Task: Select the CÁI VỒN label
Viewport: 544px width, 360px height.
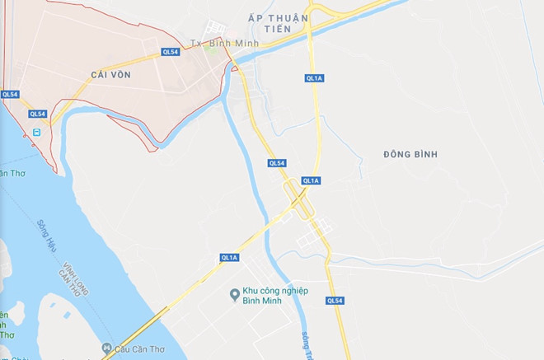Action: pos(112,74)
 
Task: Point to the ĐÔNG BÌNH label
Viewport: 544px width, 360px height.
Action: pos(410,154)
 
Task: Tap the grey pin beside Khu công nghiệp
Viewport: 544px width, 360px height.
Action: pos(234,292)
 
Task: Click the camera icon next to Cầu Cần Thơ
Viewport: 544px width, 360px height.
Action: pos(106,346)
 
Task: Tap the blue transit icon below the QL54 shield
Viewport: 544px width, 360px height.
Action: pos(36,132)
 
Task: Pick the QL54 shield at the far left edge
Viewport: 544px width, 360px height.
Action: pos(10,94)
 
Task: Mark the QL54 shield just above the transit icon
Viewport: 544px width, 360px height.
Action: pos(37,115)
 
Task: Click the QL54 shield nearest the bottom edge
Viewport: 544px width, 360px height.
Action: pos(334,301)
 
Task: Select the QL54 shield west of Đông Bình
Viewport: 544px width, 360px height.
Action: pos(277,163)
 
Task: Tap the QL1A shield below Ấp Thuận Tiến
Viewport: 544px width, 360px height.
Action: pos(313,78)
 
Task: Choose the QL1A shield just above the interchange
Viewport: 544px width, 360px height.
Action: pos(311,180)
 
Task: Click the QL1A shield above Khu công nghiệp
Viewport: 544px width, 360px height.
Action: pos(229,258)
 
